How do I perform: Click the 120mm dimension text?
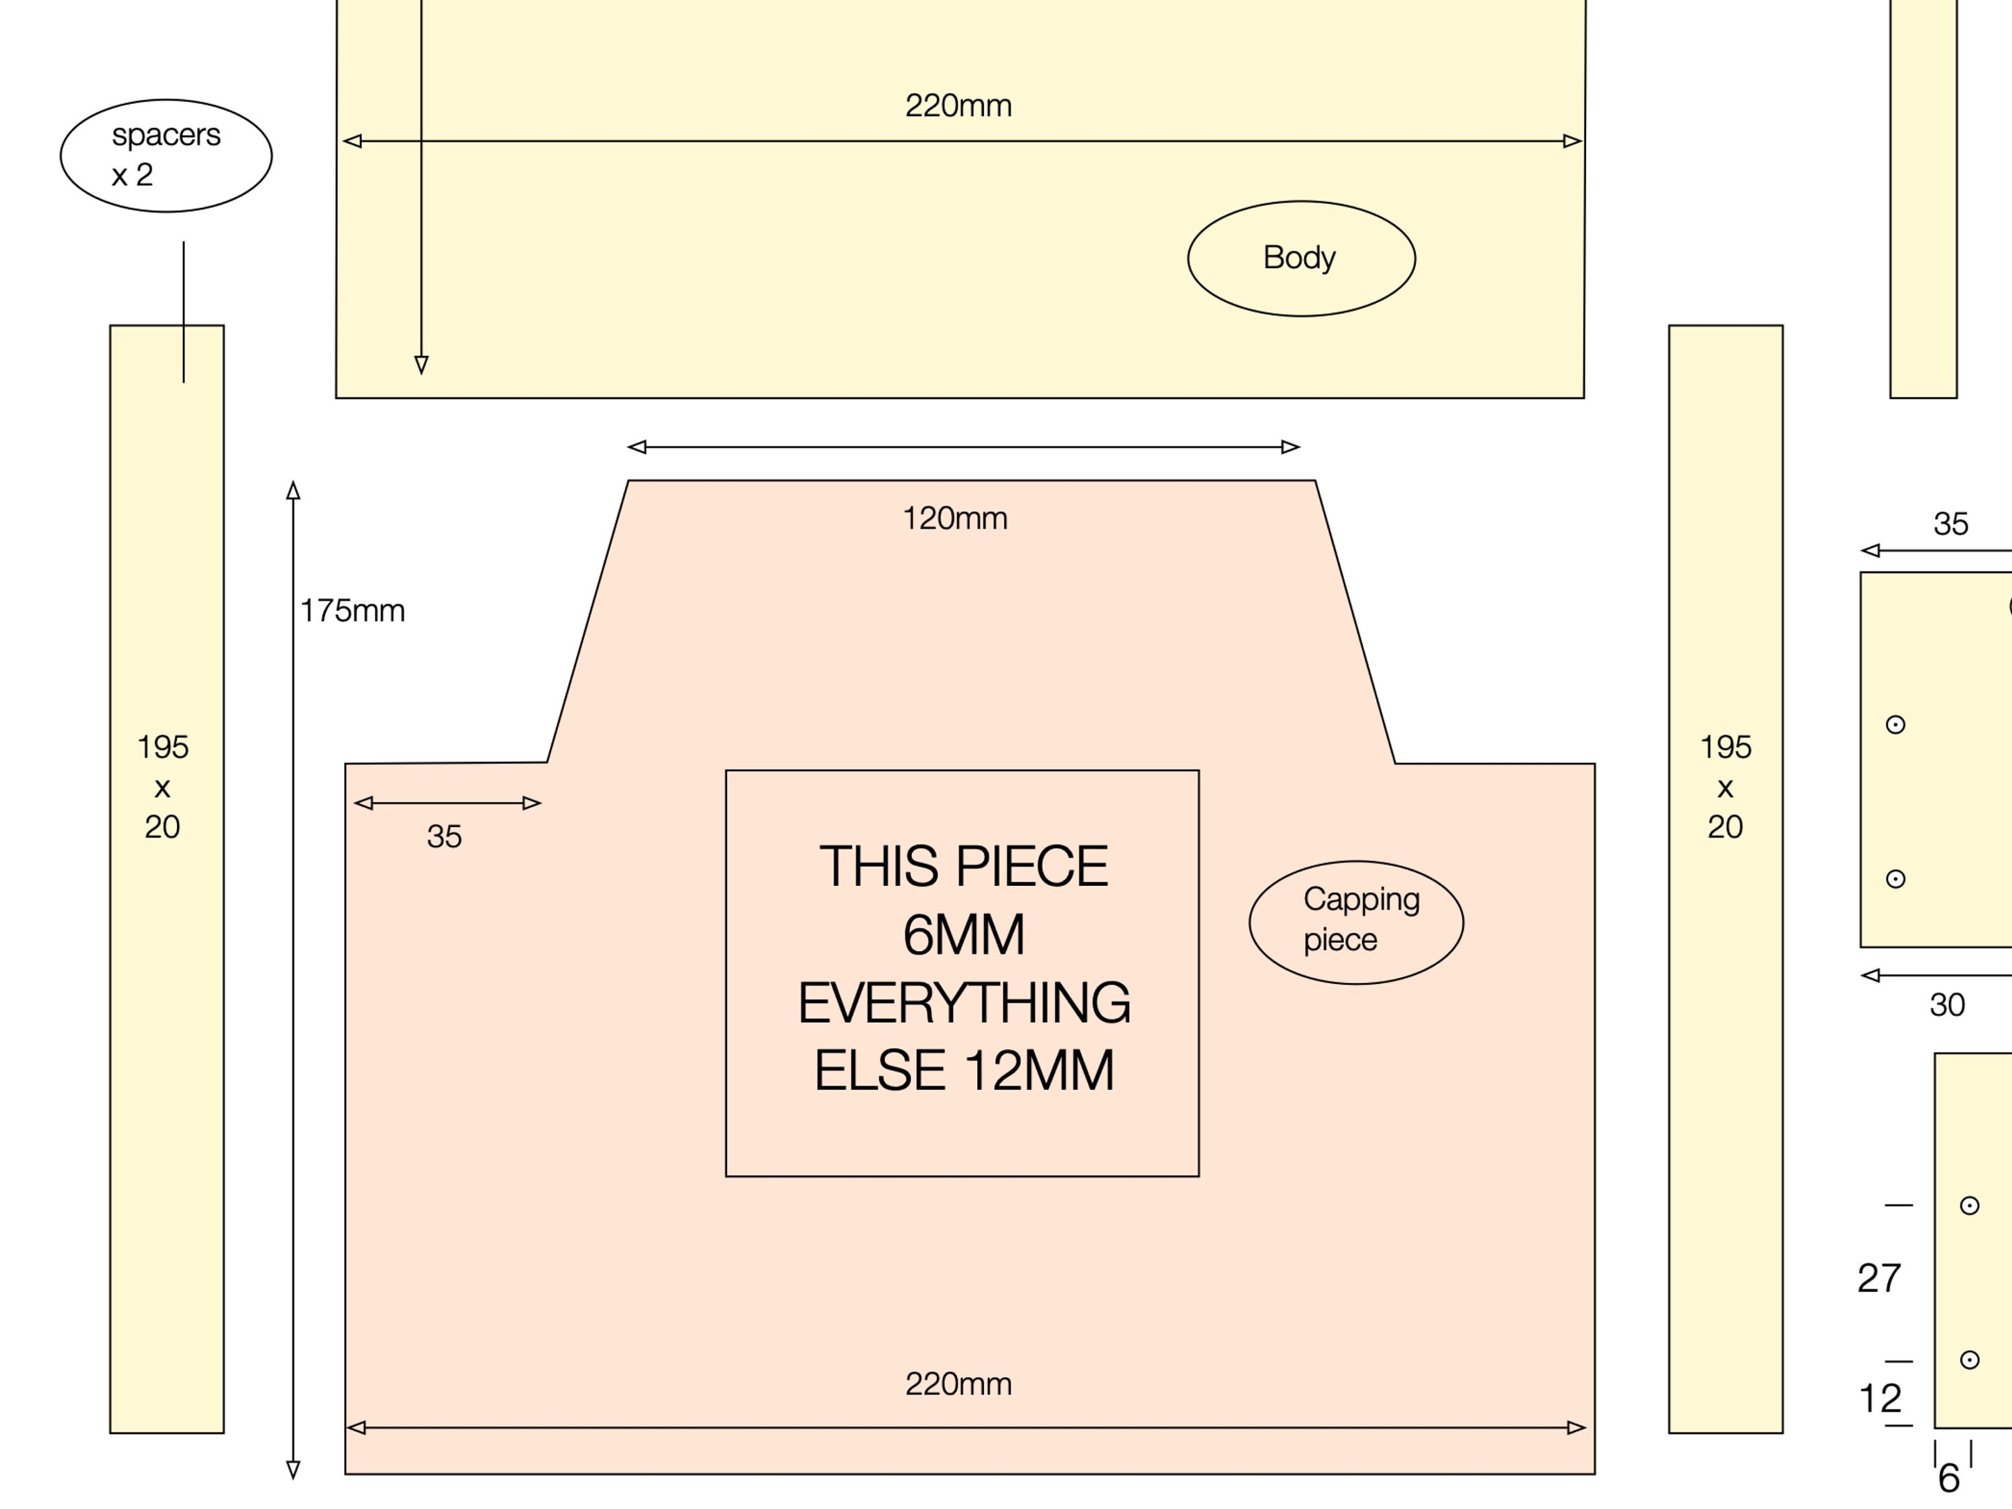click(955, 518)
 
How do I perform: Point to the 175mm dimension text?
click(353, 610)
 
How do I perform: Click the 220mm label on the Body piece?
click(958, 105)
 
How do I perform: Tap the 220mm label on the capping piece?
click(958, 1384)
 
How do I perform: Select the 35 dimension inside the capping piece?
click(444, 836)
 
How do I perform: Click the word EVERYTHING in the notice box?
click(964, 1003)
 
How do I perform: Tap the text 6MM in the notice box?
click(964, 934)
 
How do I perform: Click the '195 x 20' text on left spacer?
click(163, 787)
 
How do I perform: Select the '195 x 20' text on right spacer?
click(1726, 787)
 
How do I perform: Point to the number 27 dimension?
click(1879, 1278)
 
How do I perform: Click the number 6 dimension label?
click(1948, 1478)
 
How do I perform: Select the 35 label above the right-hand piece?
click(1951, 524)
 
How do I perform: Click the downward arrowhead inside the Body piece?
click(421, 365)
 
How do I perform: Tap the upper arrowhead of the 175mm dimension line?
click(293, 490)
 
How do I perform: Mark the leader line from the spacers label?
click(184, 312)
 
